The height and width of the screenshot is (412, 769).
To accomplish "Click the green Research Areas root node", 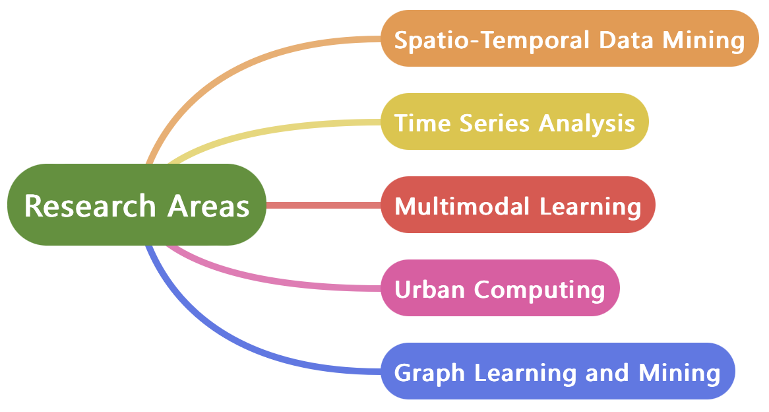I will pos(137,205).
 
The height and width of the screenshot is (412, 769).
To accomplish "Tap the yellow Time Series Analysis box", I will pos(514,121).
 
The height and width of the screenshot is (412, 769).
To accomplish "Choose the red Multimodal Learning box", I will pos(518,205).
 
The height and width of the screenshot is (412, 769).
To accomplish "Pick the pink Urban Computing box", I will pos(500,288).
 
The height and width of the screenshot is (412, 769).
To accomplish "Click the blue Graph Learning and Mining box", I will pos(557,371).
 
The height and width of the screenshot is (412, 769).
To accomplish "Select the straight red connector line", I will pos(323,205).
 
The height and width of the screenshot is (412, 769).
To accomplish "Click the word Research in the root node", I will pos(89,205).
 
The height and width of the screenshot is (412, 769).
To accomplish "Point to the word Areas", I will pos(208,205).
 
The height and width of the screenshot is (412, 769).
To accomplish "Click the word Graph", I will pos(429,373).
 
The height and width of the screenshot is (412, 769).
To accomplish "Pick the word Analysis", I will pos(587,123).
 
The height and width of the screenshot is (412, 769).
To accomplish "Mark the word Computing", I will pos(539,290).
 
